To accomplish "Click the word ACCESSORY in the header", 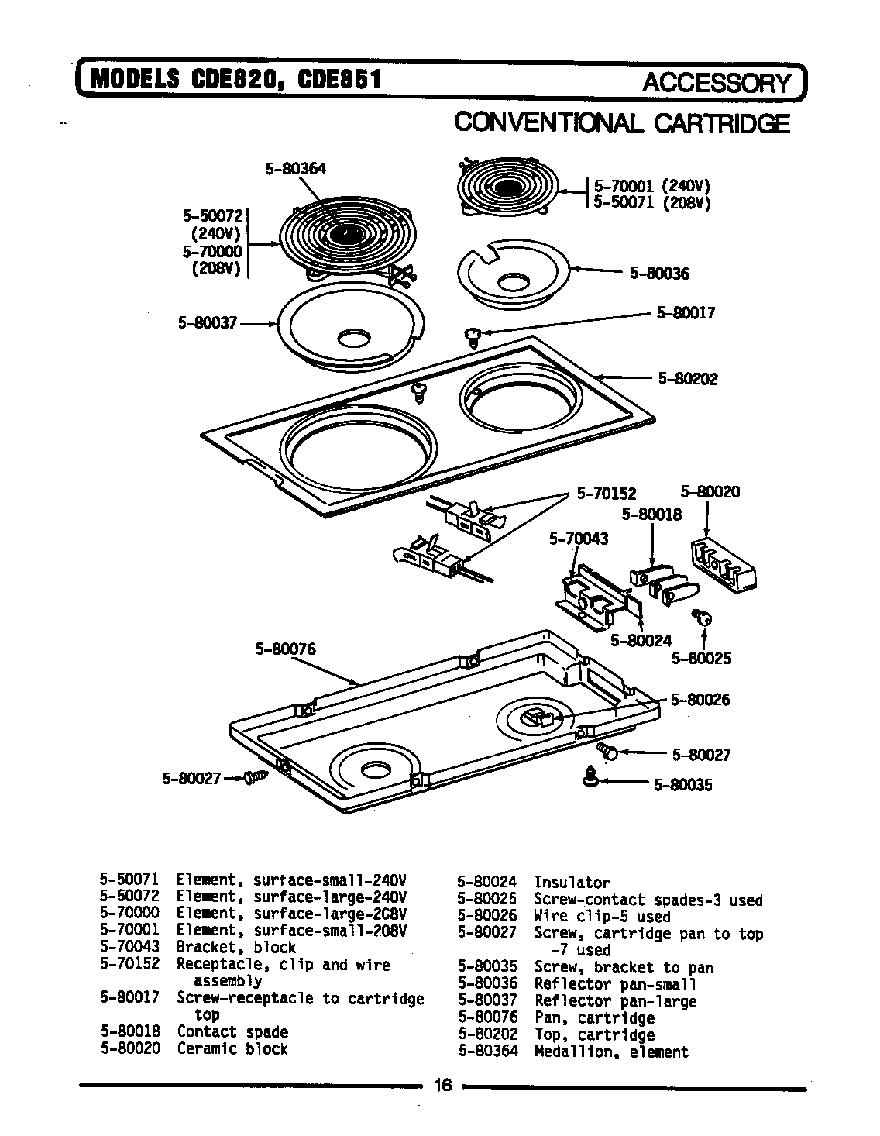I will [717, 83].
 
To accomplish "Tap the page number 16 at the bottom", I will [442, 1085].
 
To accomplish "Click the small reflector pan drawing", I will [511, 275].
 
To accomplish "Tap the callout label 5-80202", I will [688, 379].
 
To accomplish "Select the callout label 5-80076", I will [286, 649].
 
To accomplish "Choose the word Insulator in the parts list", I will [572, 882].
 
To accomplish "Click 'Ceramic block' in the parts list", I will [232, 1048].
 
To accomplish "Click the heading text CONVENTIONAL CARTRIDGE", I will [621, 123].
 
